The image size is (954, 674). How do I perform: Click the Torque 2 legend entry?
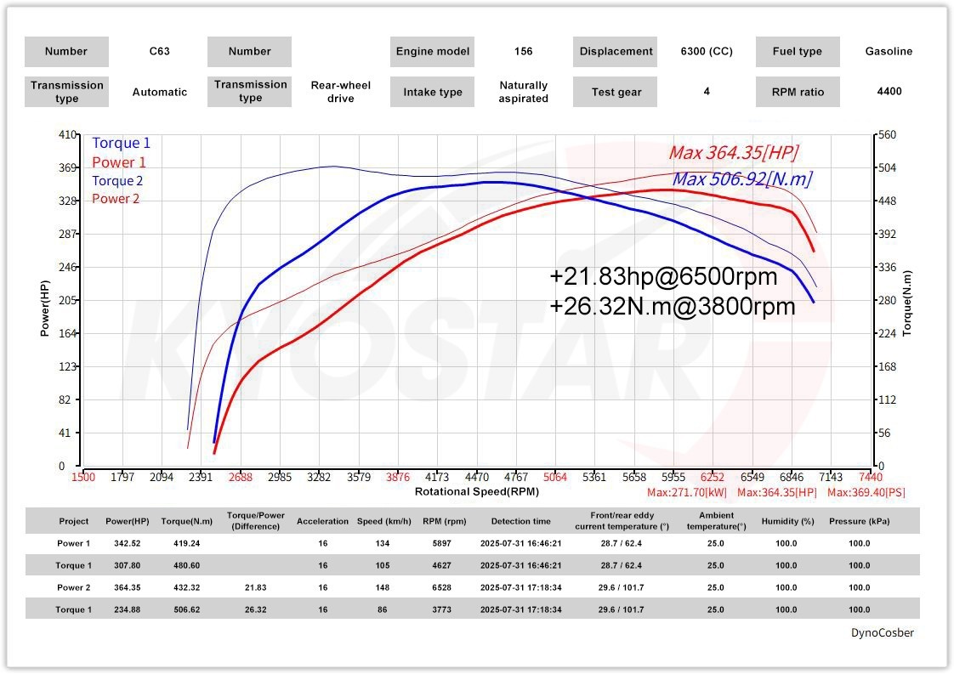117,180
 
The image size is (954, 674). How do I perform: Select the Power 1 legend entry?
119,162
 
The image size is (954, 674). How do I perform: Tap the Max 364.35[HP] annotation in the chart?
733,153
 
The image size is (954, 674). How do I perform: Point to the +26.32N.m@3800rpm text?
673,306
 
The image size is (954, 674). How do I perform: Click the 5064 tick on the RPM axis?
554,477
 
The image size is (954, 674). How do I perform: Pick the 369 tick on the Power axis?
67,167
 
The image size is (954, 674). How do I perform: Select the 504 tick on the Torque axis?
888,167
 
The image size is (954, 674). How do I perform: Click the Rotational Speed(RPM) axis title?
476,491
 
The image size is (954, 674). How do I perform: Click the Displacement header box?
616,51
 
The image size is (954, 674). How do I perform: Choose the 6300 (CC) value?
707,51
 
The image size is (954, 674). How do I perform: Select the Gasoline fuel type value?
889,51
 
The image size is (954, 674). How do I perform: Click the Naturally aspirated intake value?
523,92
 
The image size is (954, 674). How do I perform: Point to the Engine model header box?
433,51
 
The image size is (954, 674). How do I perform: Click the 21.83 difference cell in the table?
255,587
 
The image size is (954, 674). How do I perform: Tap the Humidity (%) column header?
786,521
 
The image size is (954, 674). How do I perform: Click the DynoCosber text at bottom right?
883,632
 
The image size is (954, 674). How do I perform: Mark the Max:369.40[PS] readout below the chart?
861,492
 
